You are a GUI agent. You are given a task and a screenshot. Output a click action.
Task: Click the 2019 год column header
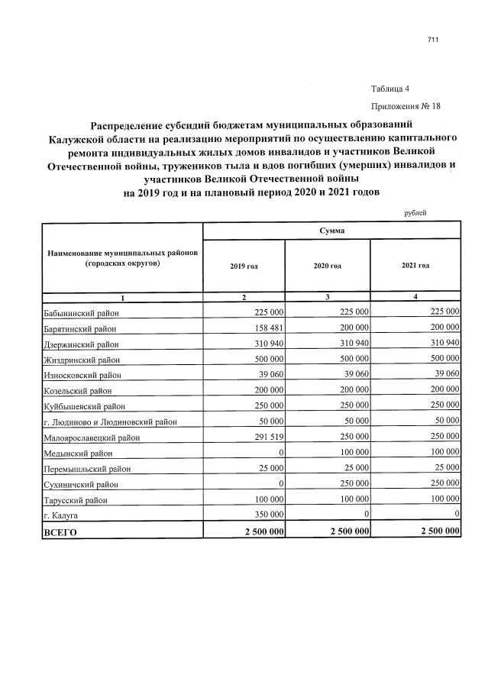point(244,265)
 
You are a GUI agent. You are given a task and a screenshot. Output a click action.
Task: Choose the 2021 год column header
point(415,265)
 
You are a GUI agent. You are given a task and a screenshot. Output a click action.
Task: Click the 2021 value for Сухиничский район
point(441,483)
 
